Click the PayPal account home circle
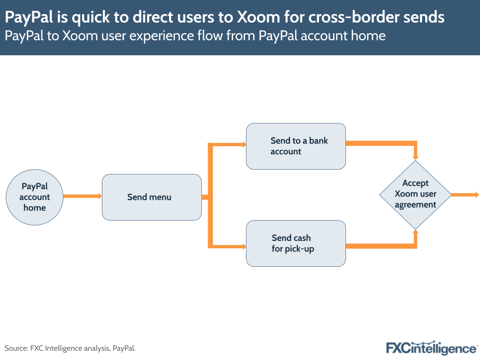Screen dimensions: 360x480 [34, 197]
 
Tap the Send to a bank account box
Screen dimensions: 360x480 [295, 146]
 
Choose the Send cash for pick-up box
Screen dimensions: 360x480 [295, 243]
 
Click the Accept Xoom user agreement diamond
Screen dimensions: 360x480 [415, 194]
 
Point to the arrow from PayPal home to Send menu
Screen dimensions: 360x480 [82, 196]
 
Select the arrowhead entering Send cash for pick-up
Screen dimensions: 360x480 [243, 247]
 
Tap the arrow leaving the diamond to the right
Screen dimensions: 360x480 [465, 195]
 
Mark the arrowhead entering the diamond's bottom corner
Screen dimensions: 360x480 [416, 233]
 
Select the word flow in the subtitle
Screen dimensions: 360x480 [232, 36]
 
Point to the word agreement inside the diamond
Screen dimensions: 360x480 [416, 205]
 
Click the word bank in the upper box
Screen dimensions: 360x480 [319, 141]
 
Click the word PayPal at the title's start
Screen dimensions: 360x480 [29, 17]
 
